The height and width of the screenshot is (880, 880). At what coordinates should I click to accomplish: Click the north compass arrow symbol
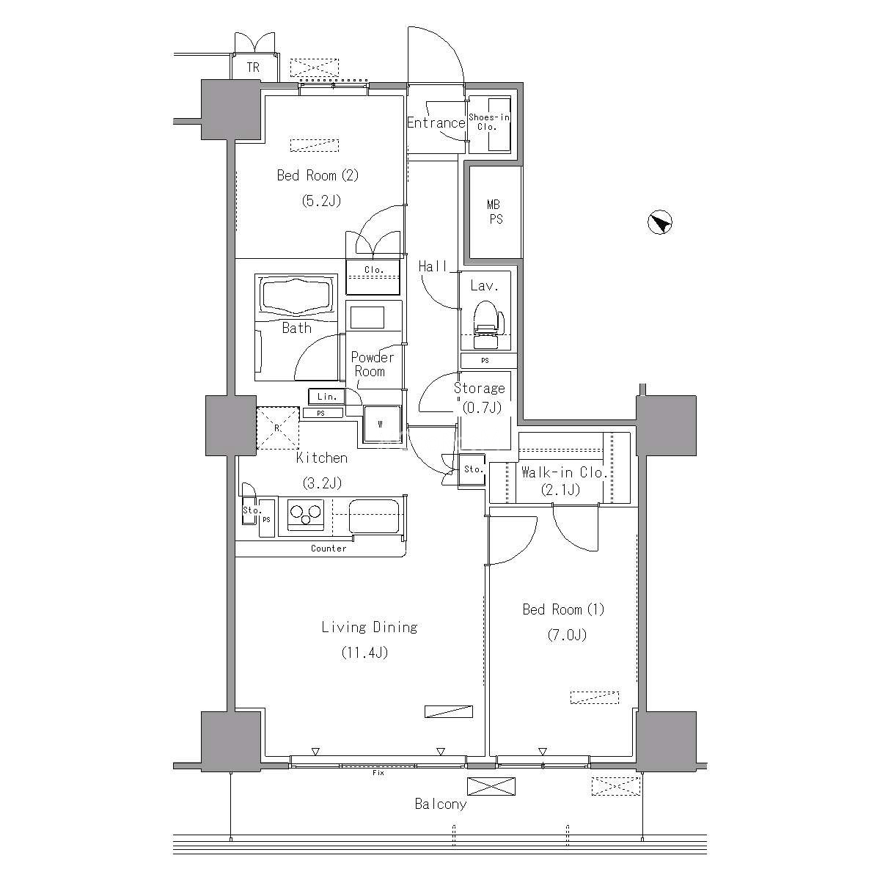[x=660, y=222]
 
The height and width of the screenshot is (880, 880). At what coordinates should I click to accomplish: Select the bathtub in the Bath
[x=296, y=296]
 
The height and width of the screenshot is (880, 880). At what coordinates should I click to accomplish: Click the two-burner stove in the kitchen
[x=306, y=516]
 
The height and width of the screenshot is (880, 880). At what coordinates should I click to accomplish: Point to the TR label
[x=253, y=67]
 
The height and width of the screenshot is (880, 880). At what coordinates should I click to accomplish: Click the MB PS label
[x=495, y=212]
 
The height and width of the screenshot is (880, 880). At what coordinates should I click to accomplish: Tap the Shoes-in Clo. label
[x=489, y=122]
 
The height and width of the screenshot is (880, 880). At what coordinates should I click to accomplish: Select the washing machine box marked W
[x=381, y=424]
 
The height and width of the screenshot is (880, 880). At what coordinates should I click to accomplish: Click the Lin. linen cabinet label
[x=327, y=397]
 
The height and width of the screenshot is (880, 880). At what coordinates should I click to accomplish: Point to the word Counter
[x=329, y=548]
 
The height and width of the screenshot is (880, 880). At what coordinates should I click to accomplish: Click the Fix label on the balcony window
[x=378, y=772]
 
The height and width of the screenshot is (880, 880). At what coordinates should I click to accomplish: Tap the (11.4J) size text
[x=364, y=653]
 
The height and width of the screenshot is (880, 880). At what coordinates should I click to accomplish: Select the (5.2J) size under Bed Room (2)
[x=321, y=200]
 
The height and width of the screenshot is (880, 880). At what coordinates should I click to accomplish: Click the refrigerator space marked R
[x=278, y=428]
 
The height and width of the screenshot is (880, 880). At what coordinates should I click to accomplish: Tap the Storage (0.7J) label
[x=480, y=397]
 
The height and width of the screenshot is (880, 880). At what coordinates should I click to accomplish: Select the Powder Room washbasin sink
[x=367, y=318]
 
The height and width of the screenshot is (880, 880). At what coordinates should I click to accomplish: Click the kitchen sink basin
[x=374, y=516]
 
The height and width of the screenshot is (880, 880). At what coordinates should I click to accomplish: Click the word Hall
[x=433, y=266]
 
